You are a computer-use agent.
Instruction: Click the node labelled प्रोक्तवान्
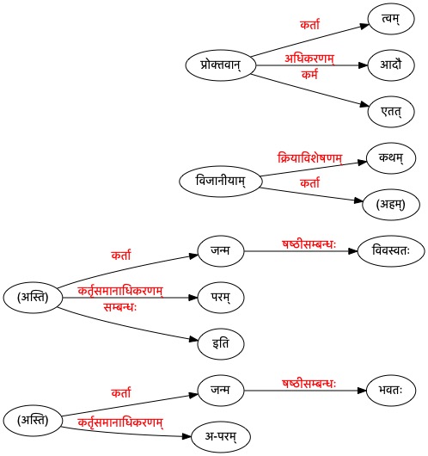(x=221, y=65)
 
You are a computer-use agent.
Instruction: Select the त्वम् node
(x=391, y=19)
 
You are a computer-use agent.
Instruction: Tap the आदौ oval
(x=391, y=65)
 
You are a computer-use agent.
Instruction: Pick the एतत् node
(x=391, y=112)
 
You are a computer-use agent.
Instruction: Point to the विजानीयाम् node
(x=221, y=182)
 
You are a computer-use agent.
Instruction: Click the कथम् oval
(x=391, y=158)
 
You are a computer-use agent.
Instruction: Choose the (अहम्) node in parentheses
(x=391, y=205)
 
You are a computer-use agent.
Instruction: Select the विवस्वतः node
(x=391, y=251)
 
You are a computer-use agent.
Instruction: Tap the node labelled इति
(x=221, y=344)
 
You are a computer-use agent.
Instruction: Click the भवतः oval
(x=391, y=391)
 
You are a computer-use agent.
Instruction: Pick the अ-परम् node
(x=221, y=437)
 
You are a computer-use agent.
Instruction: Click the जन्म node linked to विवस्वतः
(x=221, y=251)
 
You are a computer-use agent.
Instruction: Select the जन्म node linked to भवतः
(x=221, y=391)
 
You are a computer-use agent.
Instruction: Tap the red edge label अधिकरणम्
(x=309, y=59)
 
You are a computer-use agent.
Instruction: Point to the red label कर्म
(x=309, y=75)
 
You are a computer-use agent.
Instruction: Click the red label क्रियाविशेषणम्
(x=309, y=158)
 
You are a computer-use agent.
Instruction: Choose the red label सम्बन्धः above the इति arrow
(x=120, y=307)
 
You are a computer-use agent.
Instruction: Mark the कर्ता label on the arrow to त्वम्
(x=309, y=24)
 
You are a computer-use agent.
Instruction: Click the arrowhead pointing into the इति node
(x=193, y=339)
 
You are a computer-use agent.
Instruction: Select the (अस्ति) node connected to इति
(x=33, y=298)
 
